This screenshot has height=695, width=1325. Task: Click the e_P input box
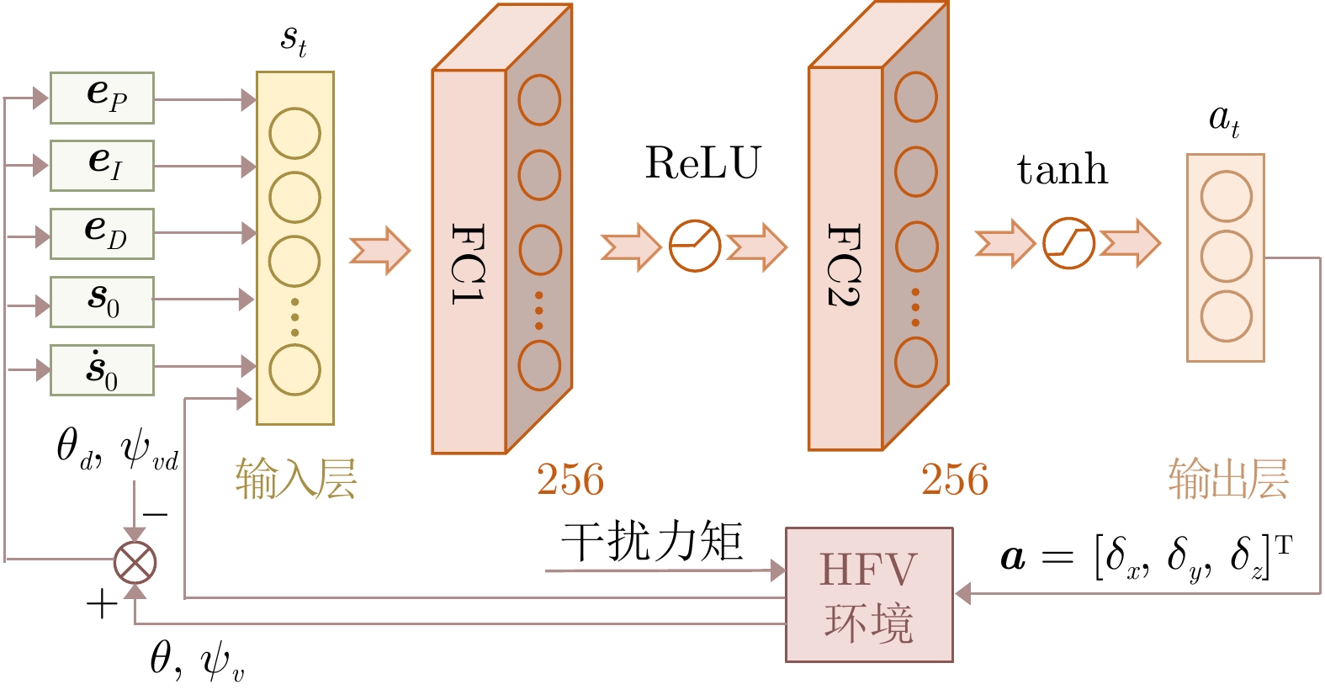(x=102, y=98)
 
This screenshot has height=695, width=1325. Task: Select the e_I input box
(x=102, y=166)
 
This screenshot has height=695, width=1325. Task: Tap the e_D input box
(x=102, y=233)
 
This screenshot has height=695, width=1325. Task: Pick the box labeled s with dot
(x=102, y=370)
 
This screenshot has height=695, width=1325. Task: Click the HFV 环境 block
(x=869, y=595)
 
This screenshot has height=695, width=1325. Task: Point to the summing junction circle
(x=135, y=562)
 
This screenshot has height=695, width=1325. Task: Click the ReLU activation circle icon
(x=694, y=247)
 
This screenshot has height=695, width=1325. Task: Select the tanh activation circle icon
(x=1068, y=244)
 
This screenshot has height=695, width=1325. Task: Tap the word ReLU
(x=702, y=163)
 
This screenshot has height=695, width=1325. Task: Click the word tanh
(x=1062, y=170)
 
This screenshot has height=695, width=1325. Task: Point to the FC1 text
(x=469, y=263)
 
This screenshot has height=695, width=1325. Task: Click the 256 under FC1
(x=570, y=480)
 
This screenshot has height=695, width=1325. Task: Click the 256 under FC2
(x=954, y=480)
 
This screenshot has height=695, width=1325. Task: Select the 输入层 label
(x=295, y=480)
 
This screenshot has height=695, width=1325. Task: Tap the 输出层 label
(x=1228, y=480)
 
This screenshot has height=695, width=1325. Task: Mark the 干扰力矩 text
(x=652, y=541)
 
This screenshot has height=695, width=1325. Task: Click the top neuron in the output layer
(x=1226, y=197)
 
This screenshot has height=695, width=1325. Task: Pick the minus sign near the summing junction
(x=155, y=514)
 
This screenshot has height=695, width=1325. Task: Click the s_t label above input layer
(x=294, y=39)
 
